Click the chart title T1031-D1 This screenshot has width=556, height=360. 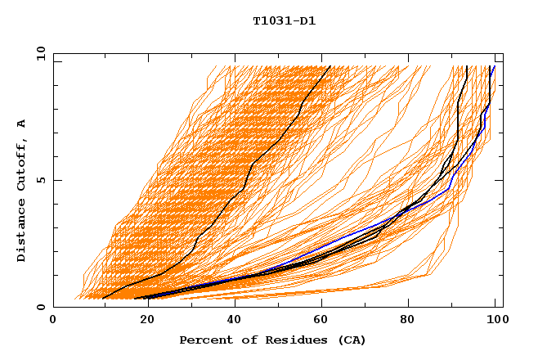(x=284, y=21)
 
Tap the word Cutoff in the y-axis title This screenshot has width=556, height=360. (x=22, y=164)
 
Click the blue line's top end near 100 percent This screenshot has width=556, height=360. (x=494, y=66)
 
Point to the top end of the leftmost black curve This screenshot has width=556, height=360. (x=330, y=66)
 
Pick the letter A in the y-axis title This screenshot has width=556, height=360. (x=22, y=124)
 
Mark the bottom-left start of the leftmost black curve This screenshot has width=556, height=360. (x=102, y=298)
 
